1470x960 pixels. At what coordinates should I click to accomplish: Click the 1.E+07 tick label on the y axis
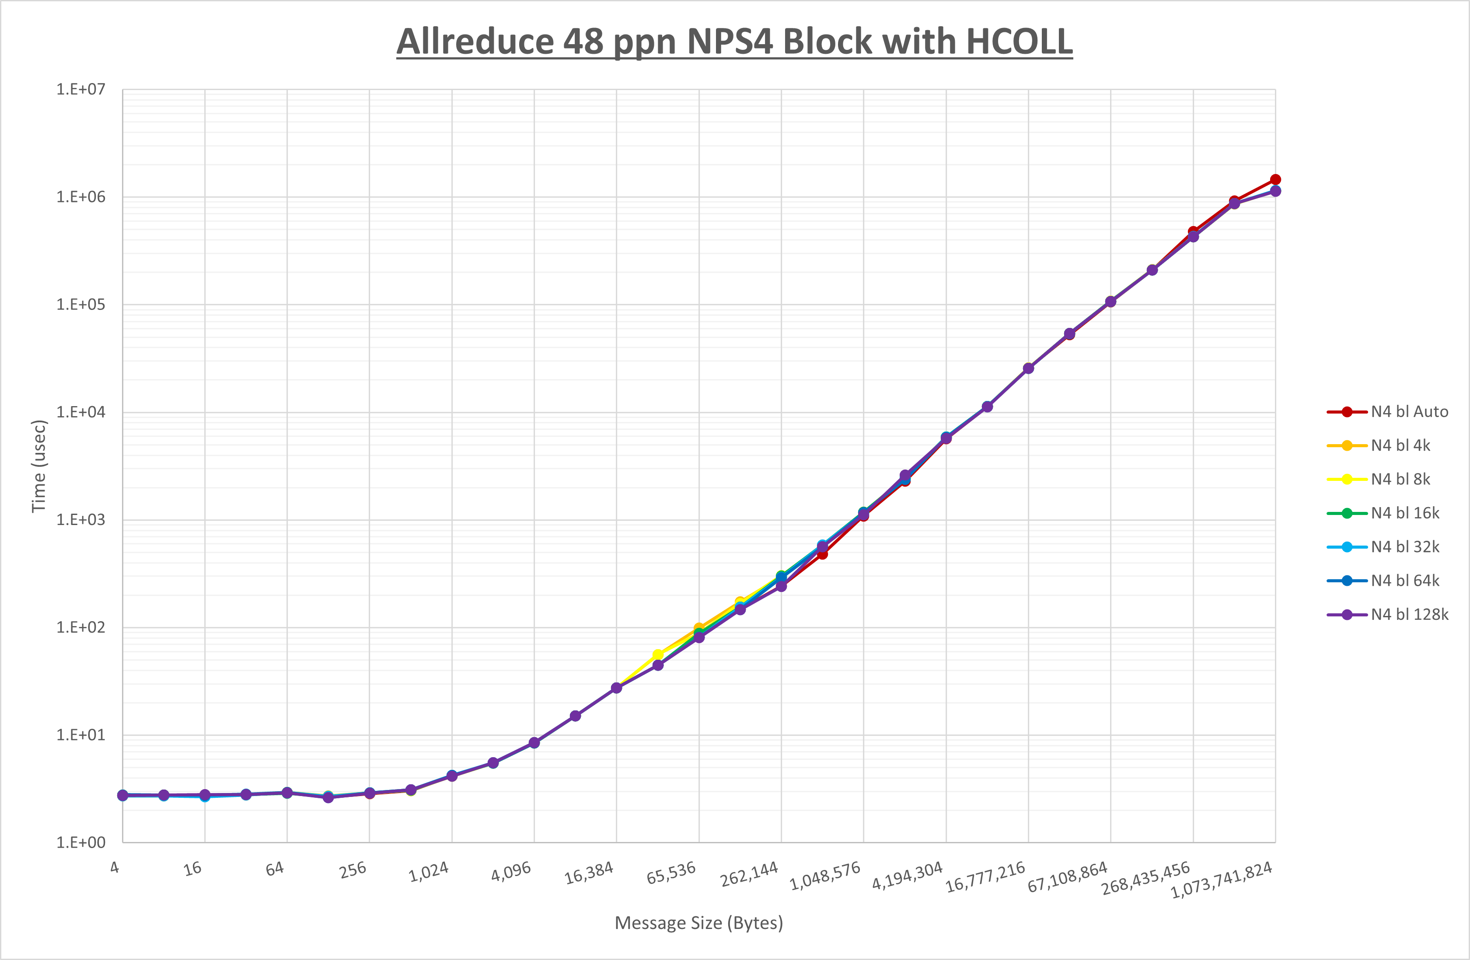tap(81, 90)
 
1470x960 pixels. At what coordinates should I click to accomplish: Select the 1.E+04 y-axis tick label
tap(81, 412)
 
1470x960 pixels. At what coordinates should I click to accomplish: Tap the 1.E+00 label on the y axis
tap(81, 843)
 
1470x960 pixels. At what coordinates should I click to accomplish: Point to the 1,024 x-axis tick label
tap(429, 872)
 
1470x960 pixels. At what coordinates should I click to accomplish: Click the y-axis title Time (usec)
tap(39, 466)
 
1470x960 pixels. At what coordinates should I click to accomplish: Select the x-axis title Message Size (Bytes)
tap(698, 923)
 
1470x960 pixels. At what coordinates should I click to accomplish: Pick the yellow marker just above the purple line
tap(658, 654)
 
